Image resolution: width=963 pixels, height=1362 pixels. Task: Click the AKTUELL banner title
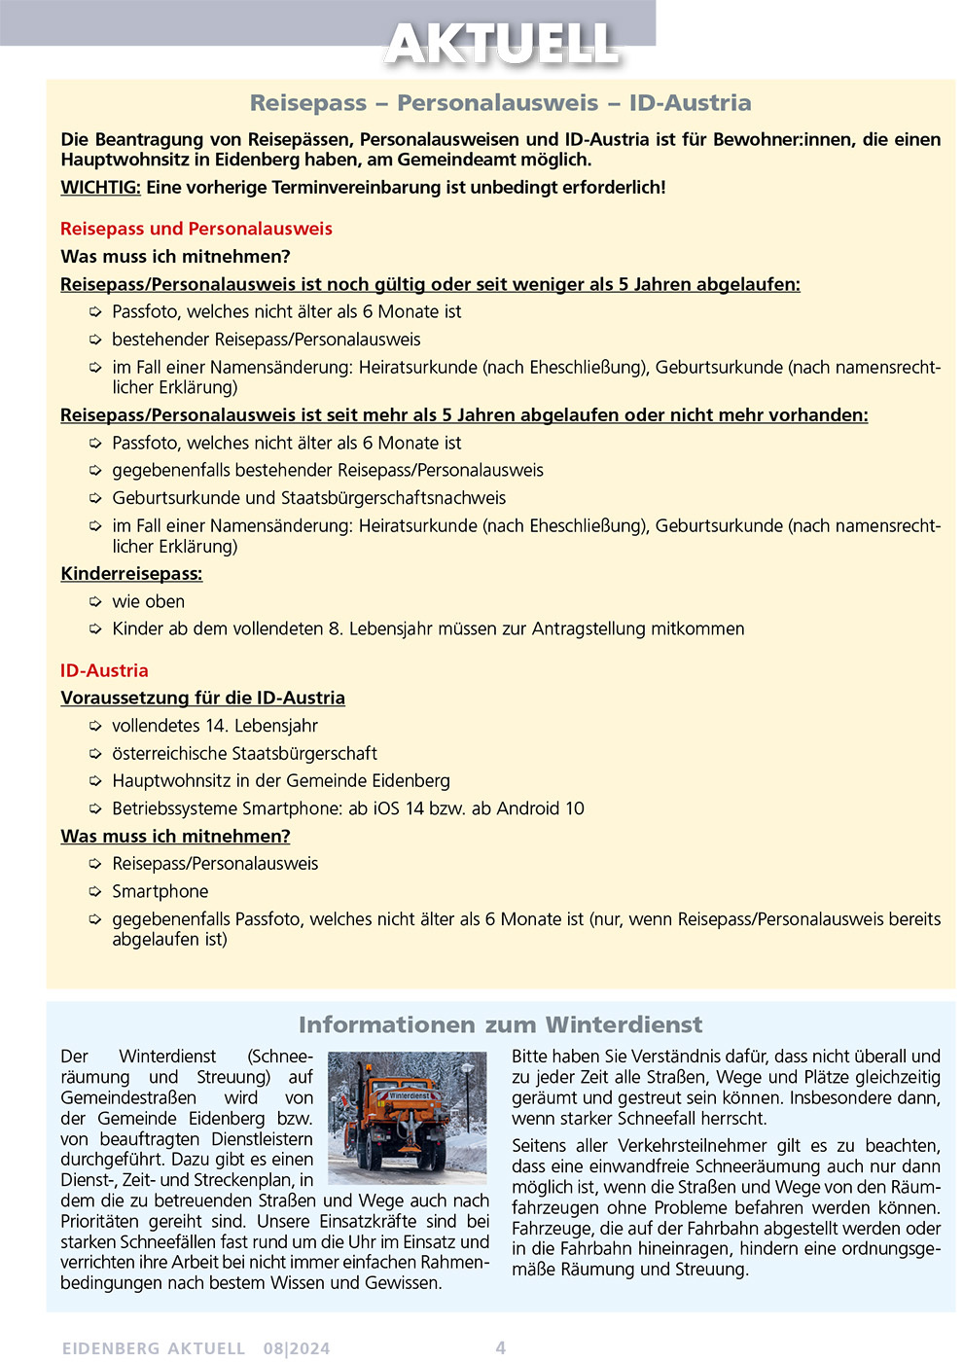[502, 44]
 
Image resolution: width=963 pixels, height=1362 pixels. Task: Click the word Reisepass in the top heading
[308, 103]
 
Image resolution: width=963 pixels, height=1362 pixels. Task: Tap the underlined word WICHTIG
[100, 188]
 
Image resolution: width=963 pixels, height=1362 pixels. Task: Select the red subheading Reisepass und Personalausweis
[196, 229]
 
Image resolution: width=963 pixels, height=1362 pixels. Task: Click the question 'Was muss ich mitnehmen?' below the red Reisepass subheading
[175, 257]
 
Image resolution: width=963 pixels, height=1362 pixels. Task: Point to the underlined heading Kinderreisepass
[131, 574]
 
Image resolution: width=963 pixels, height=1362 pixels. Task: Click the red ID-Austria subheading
[104, 670]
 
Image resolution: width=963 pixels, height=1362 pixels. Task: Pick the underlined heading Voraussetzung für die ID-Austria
[202, 698]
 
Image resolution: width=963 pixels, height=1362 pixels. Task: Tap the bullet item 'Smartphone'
[160, 891]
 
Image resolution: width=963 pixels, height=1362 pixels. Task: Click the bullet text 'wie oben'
[148, 601]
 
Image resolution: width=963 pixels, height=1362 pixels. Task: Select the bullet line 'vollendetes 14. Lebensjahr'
[215, 726]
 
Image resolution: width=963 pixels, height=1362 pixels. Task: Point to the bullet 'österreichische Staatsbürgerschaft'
[244, 753]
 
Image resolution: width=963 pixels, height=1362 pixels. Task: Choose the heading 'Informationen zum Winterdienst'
[500, 1024]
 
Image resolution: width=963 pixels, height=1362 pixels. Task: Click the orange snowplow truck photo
[407, 1117]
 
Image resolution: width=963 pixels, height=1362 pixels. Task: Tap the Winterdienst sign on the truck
[410, 1095]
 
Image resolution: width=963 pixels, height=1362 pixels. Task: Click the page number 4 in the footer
[501, 1347]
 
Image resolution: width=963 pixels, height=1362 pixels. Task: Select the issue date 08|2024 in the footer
[297, 1348]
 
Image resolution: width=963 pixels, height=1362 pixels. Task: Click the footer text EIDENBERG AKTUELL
[154, 1348]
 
